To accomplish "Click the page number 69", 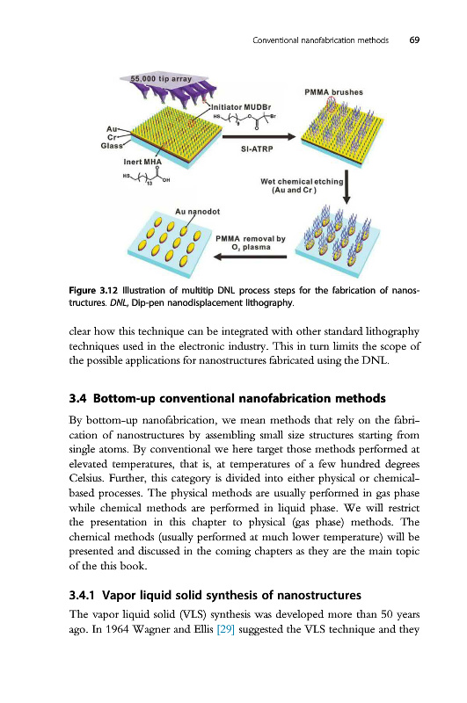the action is (x=414, y=40).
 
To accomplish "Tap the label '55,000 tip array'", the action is (x=161, y=79).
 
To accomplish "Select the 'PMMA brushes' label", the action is (x=334, y=92).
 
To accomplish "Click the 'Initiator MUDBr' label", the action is (x=241, y=107).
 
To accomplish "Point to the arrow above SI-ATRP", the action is (x=259, y=137).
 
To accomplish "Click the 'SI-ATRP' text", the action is (x=257, y=149).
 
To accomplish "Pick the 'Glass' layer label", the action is (x=112, y=146).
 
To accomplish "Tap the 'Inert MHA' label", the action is (x=142, y=162).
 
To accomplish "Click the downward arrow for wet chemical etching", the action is (x=347, y=186).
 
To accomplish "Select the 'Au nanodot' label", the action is (x=197, y=212).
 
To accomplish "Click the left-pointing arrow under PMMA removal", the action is (x=250, y=257).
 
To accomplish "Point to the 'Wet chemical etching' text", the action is (x=302, y=182).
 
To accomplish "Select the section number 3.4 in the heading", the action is (x=78, y=399).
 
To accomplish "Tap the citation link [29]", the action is (x=226, y=629).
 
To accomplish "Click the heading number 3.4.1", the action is (x=82, y=596).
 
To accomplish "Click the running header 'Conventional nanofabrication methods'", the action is (x=321, y=40).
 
